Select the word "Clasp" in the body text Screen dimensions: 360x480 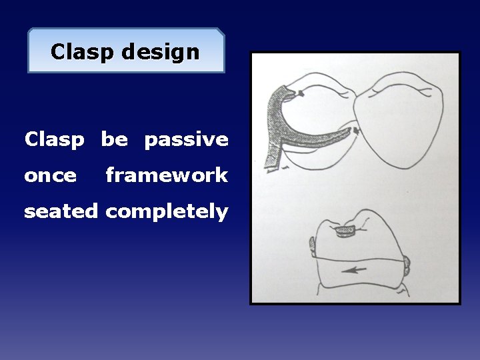coord(55,140)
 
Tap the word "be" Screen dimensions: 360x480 coord(114,140)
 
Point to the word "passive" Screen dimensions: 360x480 coord(186,140)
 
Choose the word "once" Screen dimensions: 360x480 coord(50,176)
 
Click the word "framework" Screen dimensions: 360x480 coord(167,176)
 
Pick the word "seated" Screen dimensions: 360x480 coord(61,212)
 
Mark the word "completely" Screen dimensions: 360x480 coord(167,212)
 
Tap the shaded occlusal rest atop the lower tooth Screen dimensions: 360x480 coord(345,231)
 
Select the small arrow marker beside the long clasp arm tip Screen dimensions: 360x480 coord(357,131)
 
